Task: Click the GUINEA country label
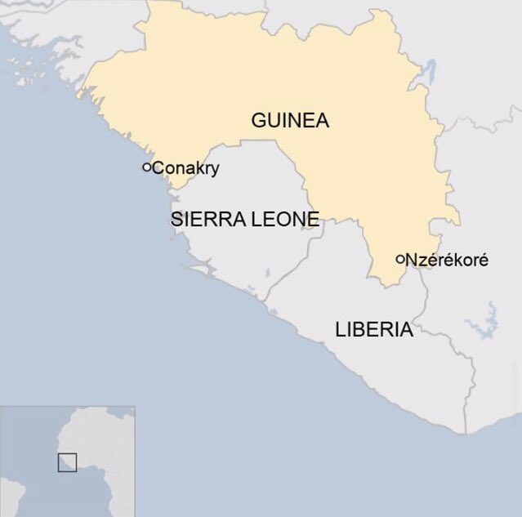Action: pyautogui.click(x=289, y=121)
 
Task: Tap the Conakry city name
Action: pyautogui.click(x=186, y=168)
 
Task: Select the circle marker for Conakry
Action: pyautogui.click(x=147, y=167)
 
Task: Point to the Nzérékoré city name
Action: pyautogui.click(x=447, y=261)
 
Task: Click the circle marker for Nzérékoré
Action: pyautogui.click(x=400, y=260)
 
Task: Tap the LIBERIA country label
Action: pyautogui.click(x=373, y=330)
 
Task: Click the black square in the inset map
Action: pyautogui.click(x=67, y=461)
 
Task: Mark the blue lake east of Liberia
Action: pyautogui.click(x=488, y=319)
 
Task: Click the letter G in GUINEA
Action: pyautogui.click(x=258, y=121)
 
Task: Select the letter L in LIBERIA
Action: pyautogui.click(x=340, y=330)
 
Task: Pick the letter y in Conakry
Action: pyautogui.click(x=216, y=170)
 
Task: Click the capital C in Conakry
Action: pyautogui.click(x=158, y=168)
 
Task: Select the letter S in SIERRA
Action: pyautogui.click(x=176, y=220)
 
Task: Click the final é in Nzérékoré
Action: pyautogui.click(x=484, y=261)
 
